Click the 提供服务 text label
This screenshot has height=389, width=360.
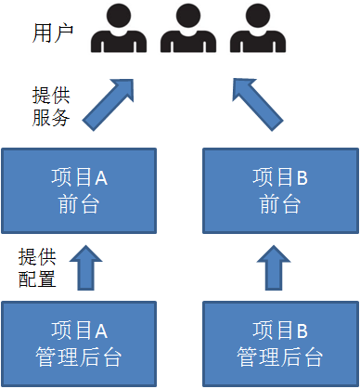[x=51, y=107]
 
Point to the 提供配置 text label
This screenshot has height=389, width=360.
[x=37, y=266]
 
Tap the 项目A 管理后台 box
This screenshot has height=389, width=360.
[x=77, y=343]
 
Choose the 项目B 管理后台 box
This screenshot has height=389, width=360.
[x=279, y=343]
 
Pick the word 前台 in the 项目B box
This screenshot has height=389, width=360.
[x=279, y=203]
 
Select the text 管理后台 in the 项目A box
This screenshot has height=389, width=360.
[x=77, y=356]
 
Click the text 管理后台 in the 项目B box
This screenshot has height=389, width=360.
[x=279, y=356]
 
